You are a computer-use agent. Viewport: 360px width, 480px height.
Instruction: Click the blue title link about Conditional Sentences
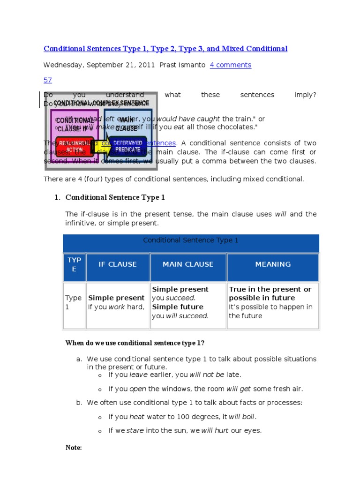[165, 49]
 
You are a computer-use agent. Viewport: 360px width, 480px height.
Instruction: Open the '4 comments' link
[230, 65]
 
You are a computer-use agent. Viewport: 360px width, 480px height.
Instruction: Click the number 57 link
[48, 80]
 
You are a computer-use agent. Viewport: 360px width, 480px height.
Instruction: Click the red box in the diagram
[74, 146]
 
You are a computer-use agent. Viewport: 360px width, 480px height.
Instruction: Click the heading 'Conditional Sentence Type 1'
[115, 197]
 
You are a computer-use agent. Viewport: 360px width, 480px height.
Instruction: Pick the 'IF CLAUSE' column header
[117, 264]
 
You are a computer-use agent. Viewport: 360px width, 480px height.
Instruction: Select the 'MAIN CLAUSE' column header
[188, 264]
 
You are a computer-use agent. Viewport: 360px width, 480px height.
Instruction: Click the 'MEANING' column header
[273, 264]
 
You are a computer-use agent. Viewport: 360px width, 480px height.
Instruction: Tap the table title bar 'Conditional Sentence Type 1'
[191, 240]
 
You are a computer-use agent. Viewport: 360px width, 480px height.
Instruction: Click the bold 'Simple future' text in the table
[178, 307]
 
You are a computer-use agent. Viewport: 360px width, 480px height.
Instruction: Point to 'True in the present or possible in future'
[270, 293]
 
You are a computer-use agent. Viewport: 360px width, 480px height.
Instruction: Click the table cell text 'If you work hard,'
[116, 307]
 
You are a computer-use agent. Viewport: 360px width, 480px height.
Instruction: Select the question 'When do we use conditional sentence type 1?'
[135, 343]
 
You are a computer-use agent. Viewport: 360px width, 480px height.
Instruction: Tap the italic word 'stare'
[135, 430]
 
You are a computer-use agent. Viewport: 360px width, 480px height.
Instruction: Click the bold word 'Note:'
[74, 448]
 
